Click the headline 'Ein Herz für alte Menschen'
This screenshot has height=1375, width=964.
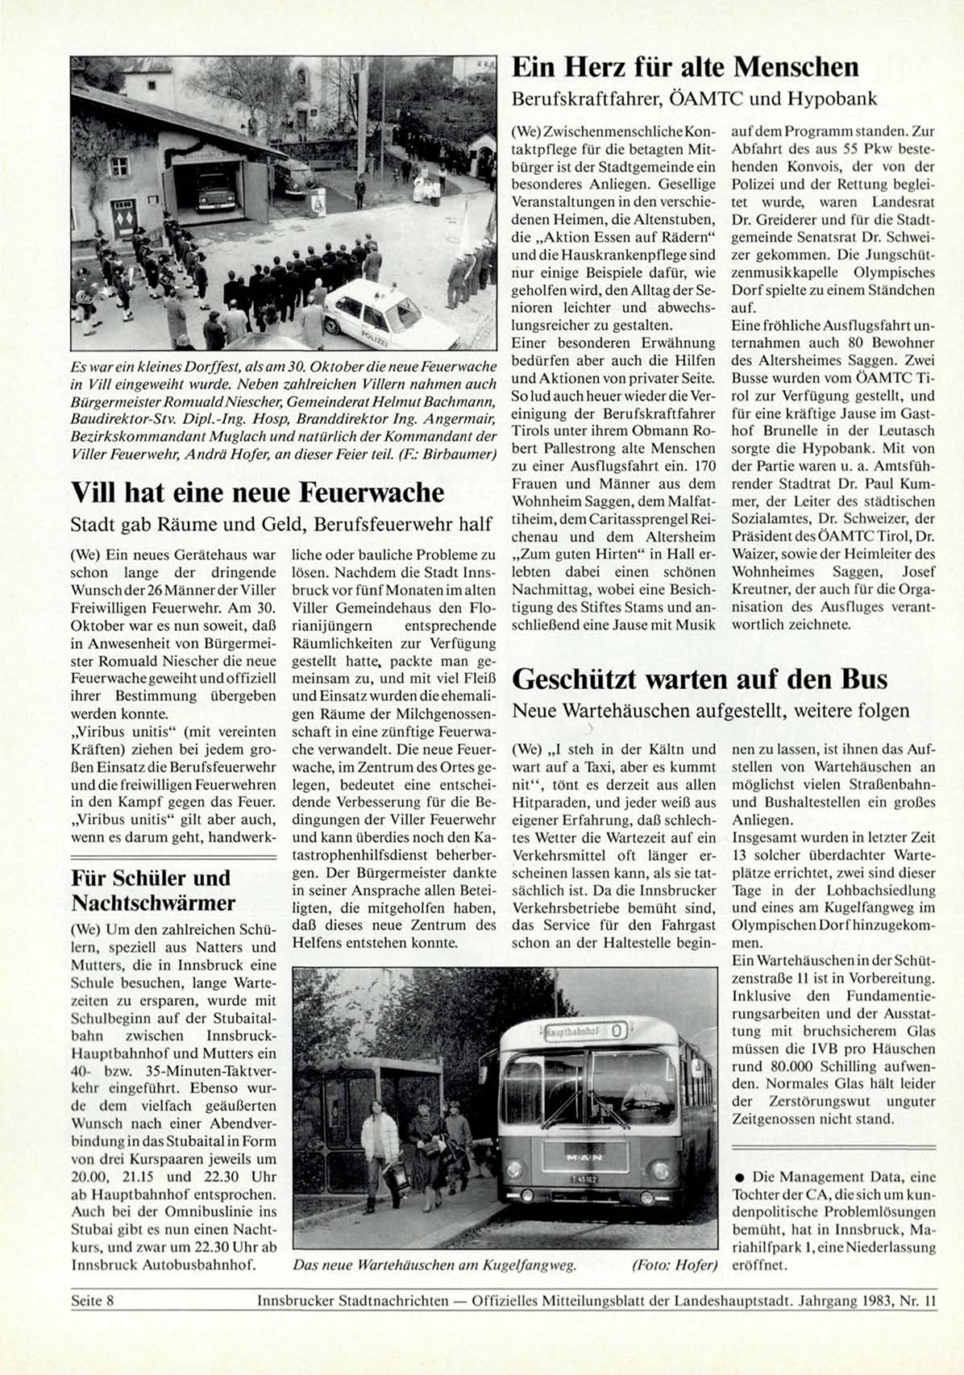tap(685, 66)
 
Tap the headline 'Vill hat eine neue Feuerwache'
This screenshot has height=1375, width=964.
tap(257, 492)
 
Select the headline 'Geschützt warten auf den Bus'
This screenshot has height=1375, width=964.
tap(700, 679)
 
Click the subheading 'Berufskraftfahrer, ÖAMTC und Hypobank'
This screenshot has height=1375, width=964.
tap(694, 99)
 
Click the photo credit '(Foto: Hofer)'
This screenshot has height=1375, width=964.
tap(675, 1265)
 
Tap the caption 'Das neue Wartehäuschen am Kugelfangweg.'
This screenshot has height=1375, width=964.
tap(434, 1265)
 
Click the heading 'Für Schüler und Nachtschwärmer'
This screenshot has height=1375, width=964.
tap(153, 890)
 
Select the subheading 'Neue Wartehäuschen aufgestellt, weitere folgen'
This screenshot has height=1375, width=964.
tap(711, 711)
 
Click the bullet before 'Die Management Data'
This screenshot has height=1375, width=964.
tap(738, 1177)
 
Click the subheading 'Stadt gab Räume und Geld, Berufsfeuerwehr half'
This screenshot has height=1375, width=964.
tap(281, 525)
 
